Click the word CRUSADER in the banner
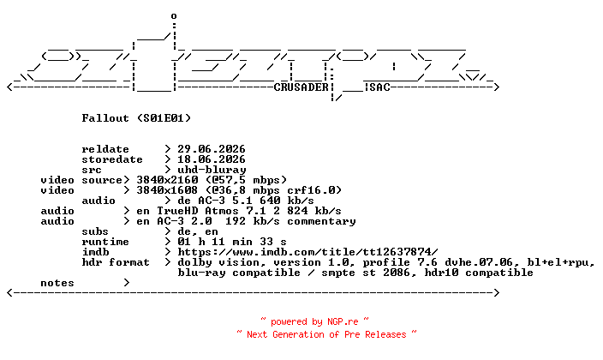click(x=301, y=87)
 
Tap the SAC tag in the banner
click(x=379, y=87)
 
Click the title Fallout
click(x=105, y=117)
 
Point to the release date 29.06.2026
click(x=211, y=149)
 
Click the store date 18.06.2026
click(x=211, y=159)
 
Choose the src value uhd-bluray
click(x=212, y=170)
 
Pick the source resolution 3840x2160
click(x=167, y=180)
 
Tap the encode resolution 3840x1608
click(x=167, y=190)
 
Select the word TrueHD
click(x=177, y=211)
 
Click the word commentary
click(x=321, y=221)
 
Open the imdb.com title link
click(x=307, y=252)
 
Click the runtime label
click(x=105, y=242)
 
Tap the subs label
click(x=95, y=231)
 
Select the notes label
click(x=57, y=283)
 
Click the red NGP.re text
click(x=343, y=321)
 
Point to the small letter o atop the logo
click(x=174, y=16)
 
